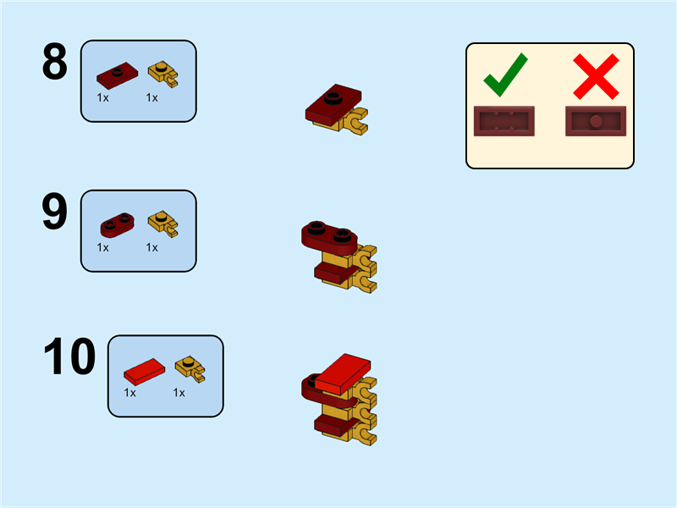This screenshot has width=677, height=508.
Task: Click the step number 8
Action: (55, 61)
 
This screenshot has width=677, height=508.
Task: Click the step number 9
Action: (55, 211)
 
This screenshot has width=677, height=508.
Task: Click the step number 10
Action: (69, 356)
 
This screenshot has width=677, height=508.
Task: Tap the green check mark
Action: (505, 75)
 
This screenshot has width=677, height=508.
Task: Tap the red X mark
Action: (596, 76)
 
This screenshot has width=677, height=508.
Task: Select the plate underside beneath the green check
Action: (504, 121)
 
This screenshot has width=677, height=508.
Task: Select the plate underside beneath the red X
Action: (596, 121)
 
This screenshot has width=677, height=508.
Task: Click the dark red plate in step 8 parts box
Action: (117, 75)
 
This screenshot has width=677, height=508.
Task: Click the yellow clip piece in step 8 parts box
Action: (163, 74)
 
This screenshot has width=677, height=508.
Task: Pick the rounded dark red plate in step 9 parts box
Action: (117, 224)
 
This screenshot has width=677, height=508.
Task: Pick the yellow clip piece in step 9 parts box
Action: (163, 224)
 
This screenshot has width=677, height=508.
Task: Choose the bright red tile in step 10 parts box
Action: (144, 372)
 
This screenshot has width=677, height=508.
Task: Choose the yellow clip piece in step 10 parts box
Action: (190, 369)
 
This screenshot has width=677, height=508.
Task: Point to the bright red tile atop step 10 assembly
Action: (343, 373)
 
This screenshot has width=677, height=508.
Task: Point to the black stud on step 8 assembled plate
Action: (333, 98)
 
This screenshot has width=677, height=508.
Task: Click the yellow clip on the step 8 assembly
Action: (355, 122)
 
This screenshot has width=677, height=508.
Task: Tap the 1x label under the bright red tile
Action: (130, 393)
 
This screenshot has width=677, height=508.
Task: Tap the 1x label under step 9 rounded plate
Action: (102, 247)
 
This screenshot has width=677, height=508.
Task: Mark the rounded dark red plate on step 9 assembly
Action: (329, 237)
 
